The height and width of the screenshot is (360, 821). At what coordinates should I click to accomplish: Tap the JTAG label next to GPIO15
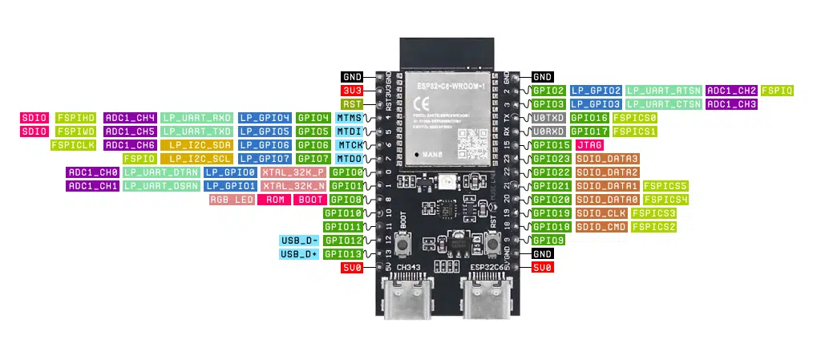(590, 145)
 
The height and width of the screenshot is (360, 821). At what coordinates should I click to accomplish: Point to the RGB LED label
(232, 200)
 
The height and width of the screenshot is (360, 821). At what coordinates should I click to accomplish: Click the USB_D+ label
(299, 254)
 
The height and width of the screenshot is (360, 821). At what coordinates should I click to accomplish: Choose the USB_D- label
(299, 241)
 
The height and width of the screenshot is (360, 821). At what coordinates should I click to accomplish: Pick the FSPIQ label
(777, 91)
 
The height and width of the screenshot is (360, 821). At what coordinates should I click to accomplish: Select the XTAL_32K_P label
(293, 172)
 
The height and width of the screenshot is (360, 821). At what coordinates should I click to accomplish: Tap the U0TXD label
(549, 118)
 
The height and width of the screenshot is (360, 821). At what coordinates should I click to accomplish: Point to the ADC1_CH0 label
(92, 172)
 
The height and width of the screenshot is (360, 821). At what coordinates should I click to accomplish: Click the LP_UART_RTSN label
(664, 91)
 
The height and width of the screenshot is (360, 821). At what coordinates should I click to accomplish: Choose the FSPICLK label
(74, 145)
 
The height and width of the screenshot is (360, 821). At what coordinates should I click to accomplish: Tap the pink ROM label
(275, 200)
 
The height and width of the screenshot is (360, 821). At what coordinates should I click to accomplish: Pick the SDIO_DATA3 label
(606, 159)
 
